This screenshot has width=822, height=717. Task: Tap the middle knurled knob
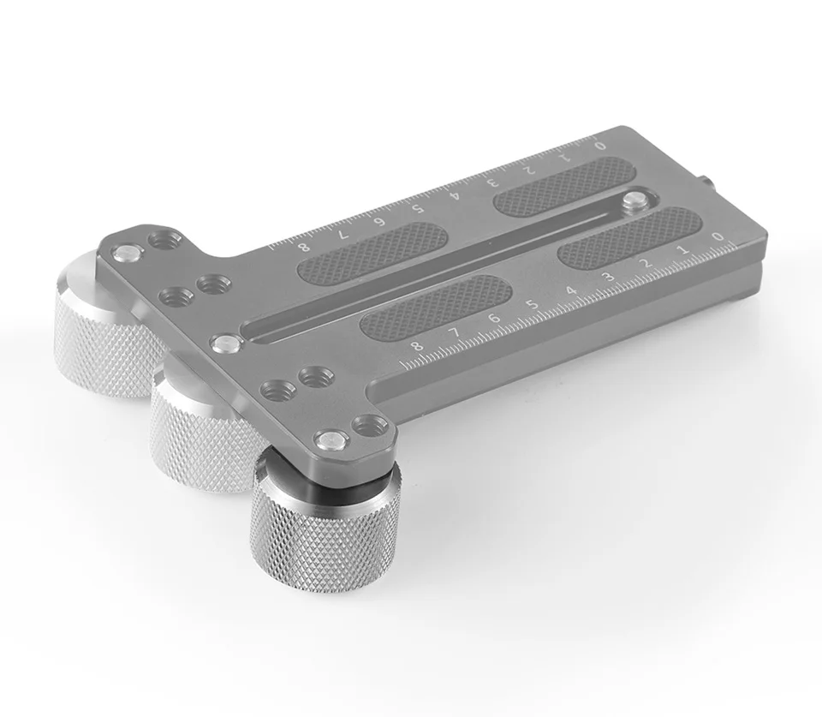tap(205, 427)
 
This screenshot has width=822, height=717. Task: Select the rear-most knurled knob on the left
tap(104, 326)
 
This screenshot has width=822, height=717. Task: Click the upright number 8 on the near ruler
tap(417, 346)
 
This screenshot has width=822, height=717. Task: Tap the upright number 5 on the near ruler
tap(533, 305)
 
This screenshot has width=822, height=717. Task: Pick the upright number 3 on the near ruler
tap(609, 277)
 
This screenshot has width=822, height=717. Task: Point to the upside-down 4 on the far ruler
tap(455, 195)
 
